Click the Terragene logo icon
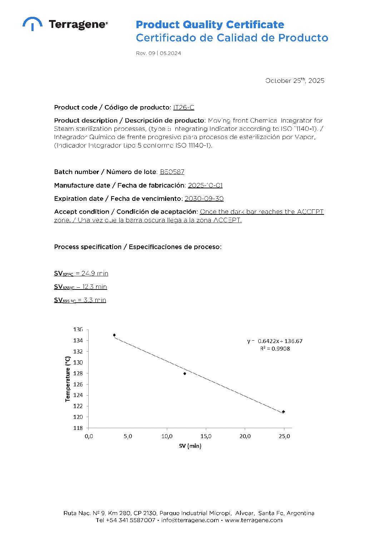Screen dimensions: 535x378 32,23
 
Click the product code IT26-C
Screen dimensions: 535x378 184,107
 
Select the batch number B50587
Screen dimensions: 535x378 172,172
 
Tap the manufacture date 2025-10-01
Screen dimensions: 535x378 205,185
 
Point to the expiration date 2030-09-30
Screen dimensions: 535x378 204,199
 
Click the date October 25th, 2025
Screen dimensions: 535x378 294,81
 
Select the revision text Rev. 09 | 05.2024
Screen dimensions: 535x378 158,53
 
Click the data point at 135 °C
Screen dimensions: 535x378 114,335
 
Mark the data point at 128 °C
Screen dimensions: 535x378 185,373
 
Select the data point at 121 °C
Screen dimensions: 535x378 283,412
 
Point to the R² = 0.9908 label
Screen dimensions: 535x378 275,349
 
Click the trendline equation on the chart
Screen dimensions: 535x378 274,341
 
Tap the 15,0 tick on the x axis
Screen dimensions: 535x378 206,436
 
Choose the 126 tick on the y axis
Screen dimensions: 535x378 78,384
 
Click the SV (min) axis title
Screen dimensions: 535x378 190,446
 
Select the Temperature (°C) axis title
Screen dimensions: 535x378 68,379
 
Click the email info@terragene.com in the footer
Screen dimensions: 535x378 190,520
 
